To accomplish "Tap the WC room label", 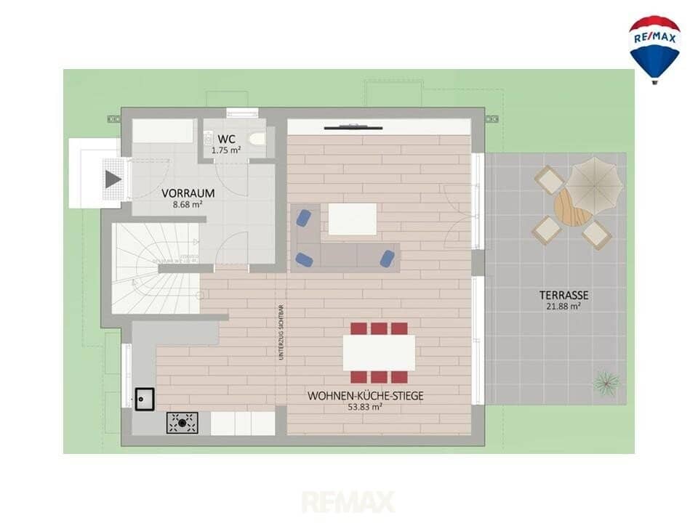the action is tap(226, 139).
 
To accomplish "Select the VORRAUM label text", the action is tap(188, 193).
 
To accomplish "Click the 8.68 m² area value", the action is tap(188, 205).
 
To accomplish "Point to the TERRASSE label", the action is tap(563, 295).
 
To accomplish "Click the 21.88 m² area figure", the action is tap(563, 306).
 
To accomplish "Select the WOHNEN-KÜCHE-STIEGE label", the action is tap(365, 396).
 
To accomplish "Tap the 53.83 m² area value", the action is tap(365, 407).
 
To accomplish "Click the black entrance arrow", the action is tap(113, 179).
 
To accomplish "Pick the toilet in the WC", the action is tap(257, 139).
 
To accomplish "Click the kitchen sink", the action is tap(145, 399).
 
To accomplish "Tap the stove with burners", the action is tap(182, 423).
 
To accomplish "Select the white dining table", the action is tap(379, 353).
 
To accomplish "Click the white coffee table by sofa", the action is tap(353, 219).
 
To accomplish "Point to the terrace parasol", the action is tap(594, 185).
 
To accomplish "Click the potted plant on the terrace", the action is tap(606, 382).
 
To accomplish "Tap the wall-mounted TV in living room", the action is tap(353, 127).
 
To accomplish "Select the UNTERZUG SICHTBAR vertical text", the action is tap(281, 332).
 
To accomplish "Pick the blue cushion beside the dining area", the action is tap(388, 259).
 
